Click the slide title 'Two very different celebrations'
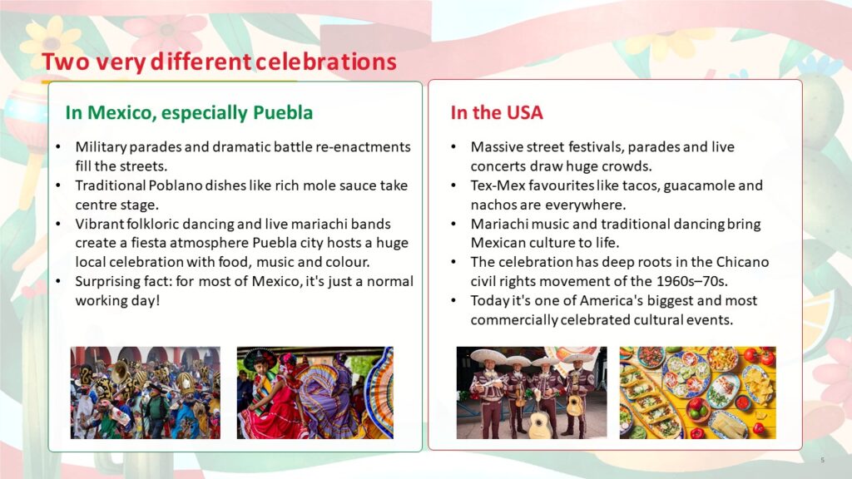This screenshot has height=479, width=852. click(219, 62)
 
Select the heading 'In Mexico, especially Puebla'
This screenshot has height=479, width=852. click(189, 112)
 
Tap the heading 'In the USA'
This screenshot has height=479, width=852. click(497, 112)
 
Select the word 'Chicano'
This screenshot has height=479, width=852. click(742, 262)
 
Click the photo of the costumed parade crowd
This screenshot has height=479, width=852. click(146, 393)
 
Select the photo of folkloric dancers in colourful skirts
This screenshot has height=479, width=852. click(315, 393)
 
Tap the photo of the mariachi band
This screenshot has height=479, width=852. click(532, 393)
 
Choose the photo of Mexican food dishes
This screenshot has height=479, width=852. click(698, 393)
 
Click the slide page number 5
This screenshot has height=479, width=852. click(823, 460)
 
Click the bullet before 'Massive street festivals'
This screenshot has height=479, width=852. click(453, 147)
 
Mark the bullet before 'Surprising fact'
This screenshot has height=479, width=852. click(58, 282)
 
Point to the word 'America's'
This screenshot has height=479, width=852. click(610, 300)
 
